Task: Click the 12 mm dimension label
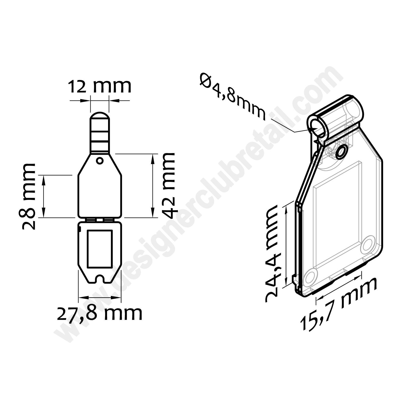(x=100, y=86)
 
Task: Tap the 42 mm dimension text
(x=168, y=186)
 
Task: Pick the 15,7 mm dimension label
(x=338, y=303)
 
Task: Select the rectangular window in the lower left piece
(x=99, y=249)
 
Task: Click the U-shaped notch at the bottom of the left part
(x=100, y=278)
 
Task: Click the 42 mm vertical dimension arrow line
(x=153, y=186)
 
